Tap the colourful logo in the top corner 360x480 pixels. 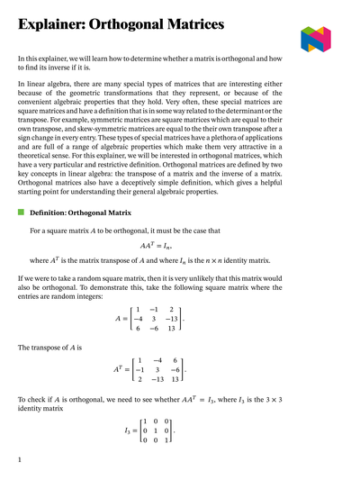[315, 38]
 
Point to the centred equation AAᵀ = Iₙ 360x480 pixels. [156, 245]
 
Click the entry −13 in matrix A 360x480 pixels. [171, 318]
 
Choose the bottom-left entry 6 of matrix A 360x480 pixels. [139, 330]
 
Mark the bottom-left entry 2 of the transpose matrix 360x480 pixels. [139, 381]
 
